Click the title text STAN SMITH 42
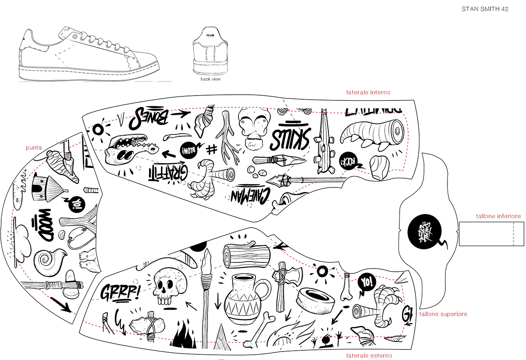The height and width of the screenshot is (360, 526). tap(485, 9)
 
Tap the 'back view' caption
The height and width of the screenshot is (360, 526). tap(211, 79)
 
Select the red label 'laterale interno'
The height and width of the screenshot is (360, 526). tap(368, 92)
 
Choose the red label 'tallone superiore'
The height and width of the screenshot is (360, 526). tap(443, 314)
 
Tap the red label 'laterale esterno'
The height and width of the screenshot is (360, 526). tap(369, 356)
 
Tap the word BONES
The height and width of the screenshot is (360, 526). tap(151, 116)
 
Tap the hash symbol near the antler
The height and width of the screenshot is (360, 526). tap(211, 149)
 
